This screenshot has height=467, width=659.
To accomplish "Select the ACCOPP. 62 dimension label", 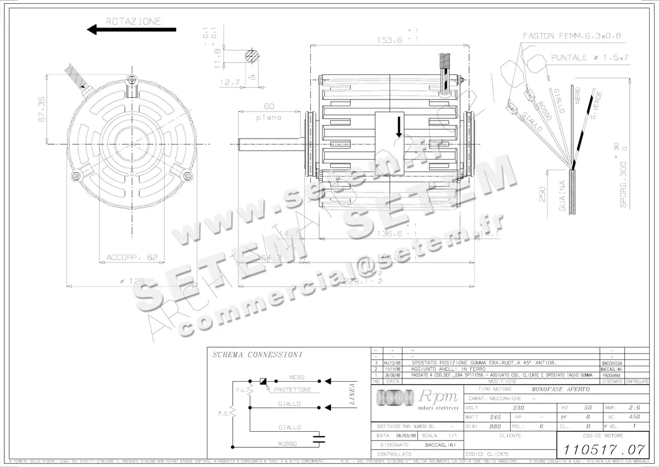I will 132,257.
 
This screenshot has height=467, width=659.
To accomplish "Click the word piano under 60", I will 269,117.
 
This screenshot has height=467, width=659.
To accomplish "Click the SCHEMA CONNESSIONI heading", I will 250,355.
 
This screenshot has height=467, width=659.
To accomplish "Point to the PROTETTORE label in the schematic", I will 292,389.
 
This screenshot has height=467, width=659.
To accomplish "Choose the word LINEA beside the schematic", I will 353,394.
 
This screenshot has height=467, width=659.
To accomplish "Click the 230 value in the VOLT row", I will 518,408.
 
